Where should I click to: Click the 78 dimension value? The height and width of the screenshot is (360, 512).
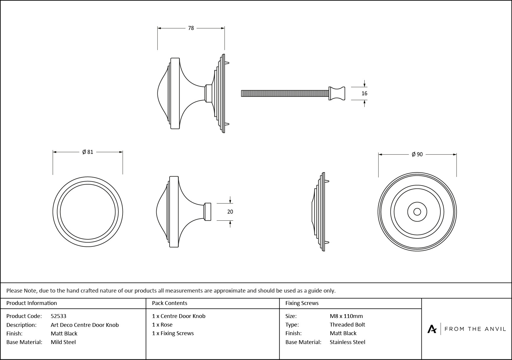click(191, 28)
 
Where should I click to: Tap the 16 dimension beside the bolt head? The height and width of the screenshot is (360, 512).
click(364, 93)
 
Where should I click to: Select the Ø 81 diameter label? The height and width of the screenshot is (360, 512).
click(88, 152)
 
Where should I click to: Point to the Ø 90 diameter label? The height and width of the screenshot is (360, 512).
click(417, 154)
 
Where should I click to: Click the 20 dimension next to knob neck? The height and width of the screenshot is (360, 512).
click(230, 212)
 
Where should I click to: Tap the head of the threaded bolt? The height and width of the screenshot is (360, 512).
click(337, 93)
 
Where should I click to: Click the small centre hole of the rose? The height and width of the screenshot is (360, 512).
click(417, 212)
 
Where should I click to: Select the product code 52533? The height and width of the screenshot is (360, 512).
click(58, 316)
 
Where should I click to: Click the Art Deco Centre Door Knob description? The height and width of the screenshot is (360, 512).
click(85, 325)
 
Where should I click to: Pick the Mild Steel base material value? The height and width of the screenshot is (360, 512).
click(63, 342)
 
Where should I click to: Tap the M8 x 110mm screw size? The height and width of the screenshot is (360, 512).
click(346, 316)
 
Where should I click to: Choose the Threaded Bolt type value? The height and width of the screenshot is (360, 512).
click(347, 325)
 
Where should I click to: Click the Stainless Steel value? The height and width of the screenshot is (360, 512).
click(347, 342)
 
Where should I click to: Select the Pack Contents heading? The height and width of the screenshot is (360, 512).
click(170, 303)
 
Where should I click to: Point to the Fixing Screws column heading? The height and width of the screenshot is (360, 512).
click(302, 303)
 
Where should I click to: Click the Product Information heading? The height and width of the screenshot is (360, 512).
click(32, 303)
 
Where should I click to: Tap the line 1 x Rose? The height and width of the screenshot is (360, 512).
click(162, 325)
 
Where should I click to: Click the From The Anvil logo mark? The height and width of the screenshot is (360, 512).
click(432, 329)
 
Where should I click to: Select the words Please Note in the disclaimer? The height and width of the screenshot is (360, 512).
click(22, 290)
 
